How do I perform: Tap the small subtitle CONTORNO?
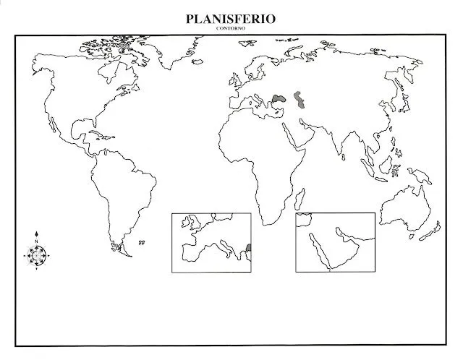(x=230, y=27)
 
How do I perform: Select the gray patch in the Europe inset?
(x=248, y=249)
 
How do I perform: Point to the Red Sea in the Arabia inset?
(x=318, y=249)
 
